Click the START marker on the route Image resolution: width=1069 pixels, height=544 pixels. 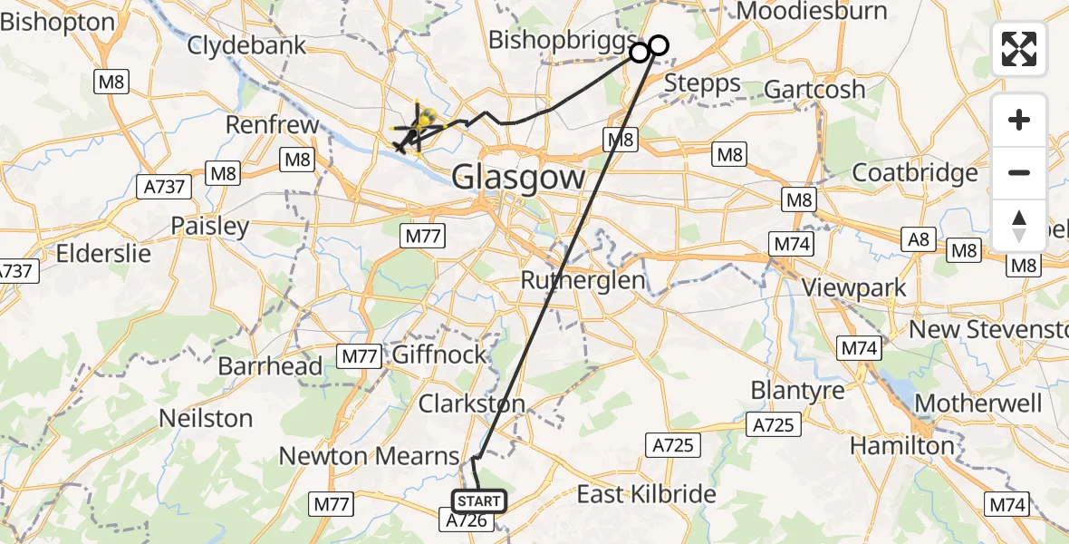(478, 500)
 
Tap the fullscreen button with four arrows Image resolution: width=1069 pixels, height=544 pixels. (1019, 49)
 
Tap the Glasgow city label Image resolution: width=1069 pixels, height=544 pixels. (519, 176)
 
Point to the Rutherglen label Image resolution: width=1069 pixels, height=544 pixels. (583, 280)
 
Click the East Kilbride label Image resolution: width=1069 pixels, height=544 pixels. (647, 494)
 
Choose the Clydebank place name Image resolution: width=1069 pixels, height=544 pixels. (247, 45)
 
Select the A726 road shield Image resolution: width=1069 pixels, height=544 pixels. (469, 520)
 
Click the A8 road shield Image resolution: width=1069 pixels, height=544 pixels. (919, 238)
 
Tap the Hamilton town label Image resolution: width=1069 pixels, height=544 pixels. (901, 445)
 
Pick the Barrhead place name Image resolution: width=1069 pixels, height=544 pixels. (270, 366)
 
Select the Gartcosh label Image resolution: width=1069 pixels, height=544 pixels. (815, 89)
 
